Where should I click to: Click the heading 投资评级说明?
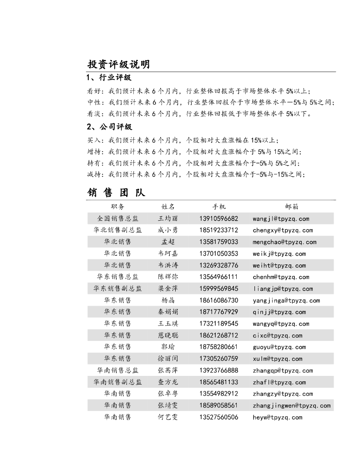coord(118,64)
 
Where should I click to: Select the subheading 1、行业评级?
coord(109,78)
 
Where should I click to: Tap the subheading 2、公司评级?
coord(109,127)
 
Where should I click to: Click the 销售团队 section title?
coord(116,192)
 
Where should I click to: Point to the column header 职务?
coord(117,207)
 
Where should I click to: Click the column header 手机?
coord(218,207)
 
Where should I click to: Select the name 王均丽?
coord(168,218)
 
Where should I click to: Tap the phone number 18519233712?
coord(218,230)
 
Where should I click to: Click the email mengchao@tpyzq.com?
coord(284,242)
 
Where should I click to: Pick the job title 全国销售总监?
coord(117,218)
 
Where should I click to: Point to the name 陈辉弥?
coord(168,277)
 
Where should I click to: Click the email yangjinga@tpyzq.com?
coord(286,300)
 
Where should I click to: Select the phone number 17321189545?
coord(218,324)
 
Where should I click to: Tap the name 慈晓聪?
coord(168,335)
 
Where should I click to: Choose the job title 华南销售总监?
coord(117,370)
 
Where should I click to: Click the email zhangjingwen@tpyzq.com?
coord(292,405)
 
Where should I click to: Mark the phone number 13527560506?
coord(218,417)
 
